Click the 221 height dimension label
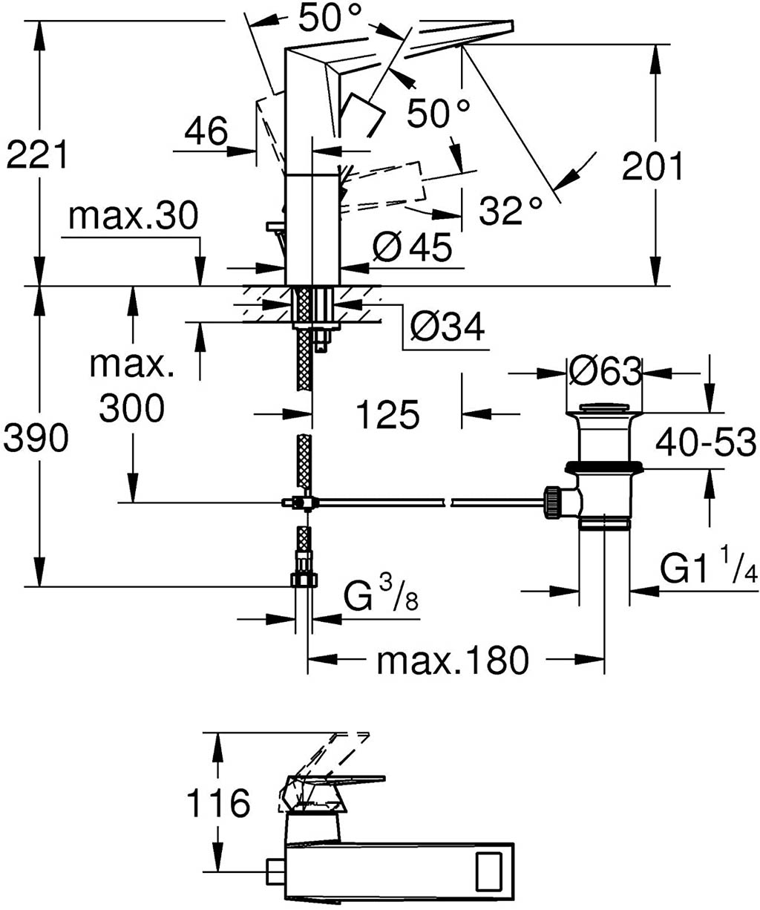click(36, 154)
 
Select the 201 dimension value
click(652, 166)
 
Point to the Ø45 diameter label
click(412, 247)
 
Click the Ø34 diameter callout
click(448, 326)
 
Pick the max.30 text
click(134, 216)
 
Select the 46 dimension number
click(206, 131)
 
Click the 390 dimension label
click(36, 438)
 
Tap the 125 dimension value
click(388, 414)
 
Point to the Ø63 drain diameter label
click(606, 371)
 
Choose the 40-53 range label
click(706, 442)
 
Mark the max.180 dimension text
click(453, 661)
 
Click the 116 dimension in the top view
click(218, 802)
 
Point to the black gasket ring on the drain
click(603, 467)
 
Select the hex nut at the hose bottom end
click(304, 580)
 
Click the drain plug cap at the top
click(604, 408)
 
